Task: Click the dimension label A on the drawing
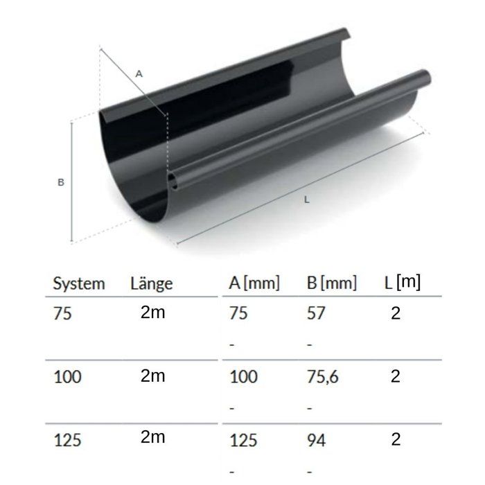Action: (139, 73)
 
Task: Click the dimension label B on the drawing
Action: (61, 182)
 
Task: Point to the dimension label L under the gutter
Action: (306, 200)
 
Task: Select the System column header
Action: (79, 283)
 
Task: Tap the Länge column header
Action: (151, 283)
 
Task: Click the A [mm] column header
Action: (254, 283)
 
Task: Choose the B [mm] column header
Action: (331, 283)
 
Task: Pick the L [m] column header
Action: (403, 283)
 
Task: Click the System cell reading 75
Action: (62, 314)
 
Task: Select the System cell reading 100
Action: (67, 377)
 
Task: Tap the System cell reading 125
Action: (67, 439)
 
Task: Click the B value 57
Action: (315, 314)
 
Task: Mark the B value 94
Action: (316, 439)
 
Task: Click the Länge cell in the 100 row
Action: (152, 376)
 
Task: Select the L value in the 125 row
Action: (396, 439)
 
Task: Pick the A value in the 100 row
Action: (242, 377)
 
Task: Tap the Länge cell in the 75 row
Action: (152, 313)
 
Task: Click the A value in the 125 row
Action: (242, 439)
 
